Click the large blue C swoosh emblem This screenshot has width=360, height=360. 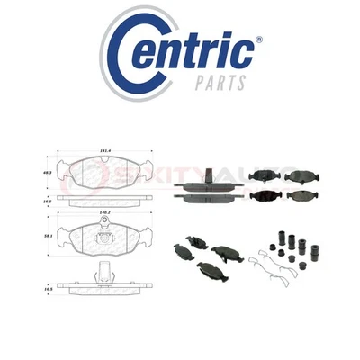(x=126, y=58)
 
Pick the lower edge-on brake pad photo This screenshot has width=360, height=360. (x=207, y=196)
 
